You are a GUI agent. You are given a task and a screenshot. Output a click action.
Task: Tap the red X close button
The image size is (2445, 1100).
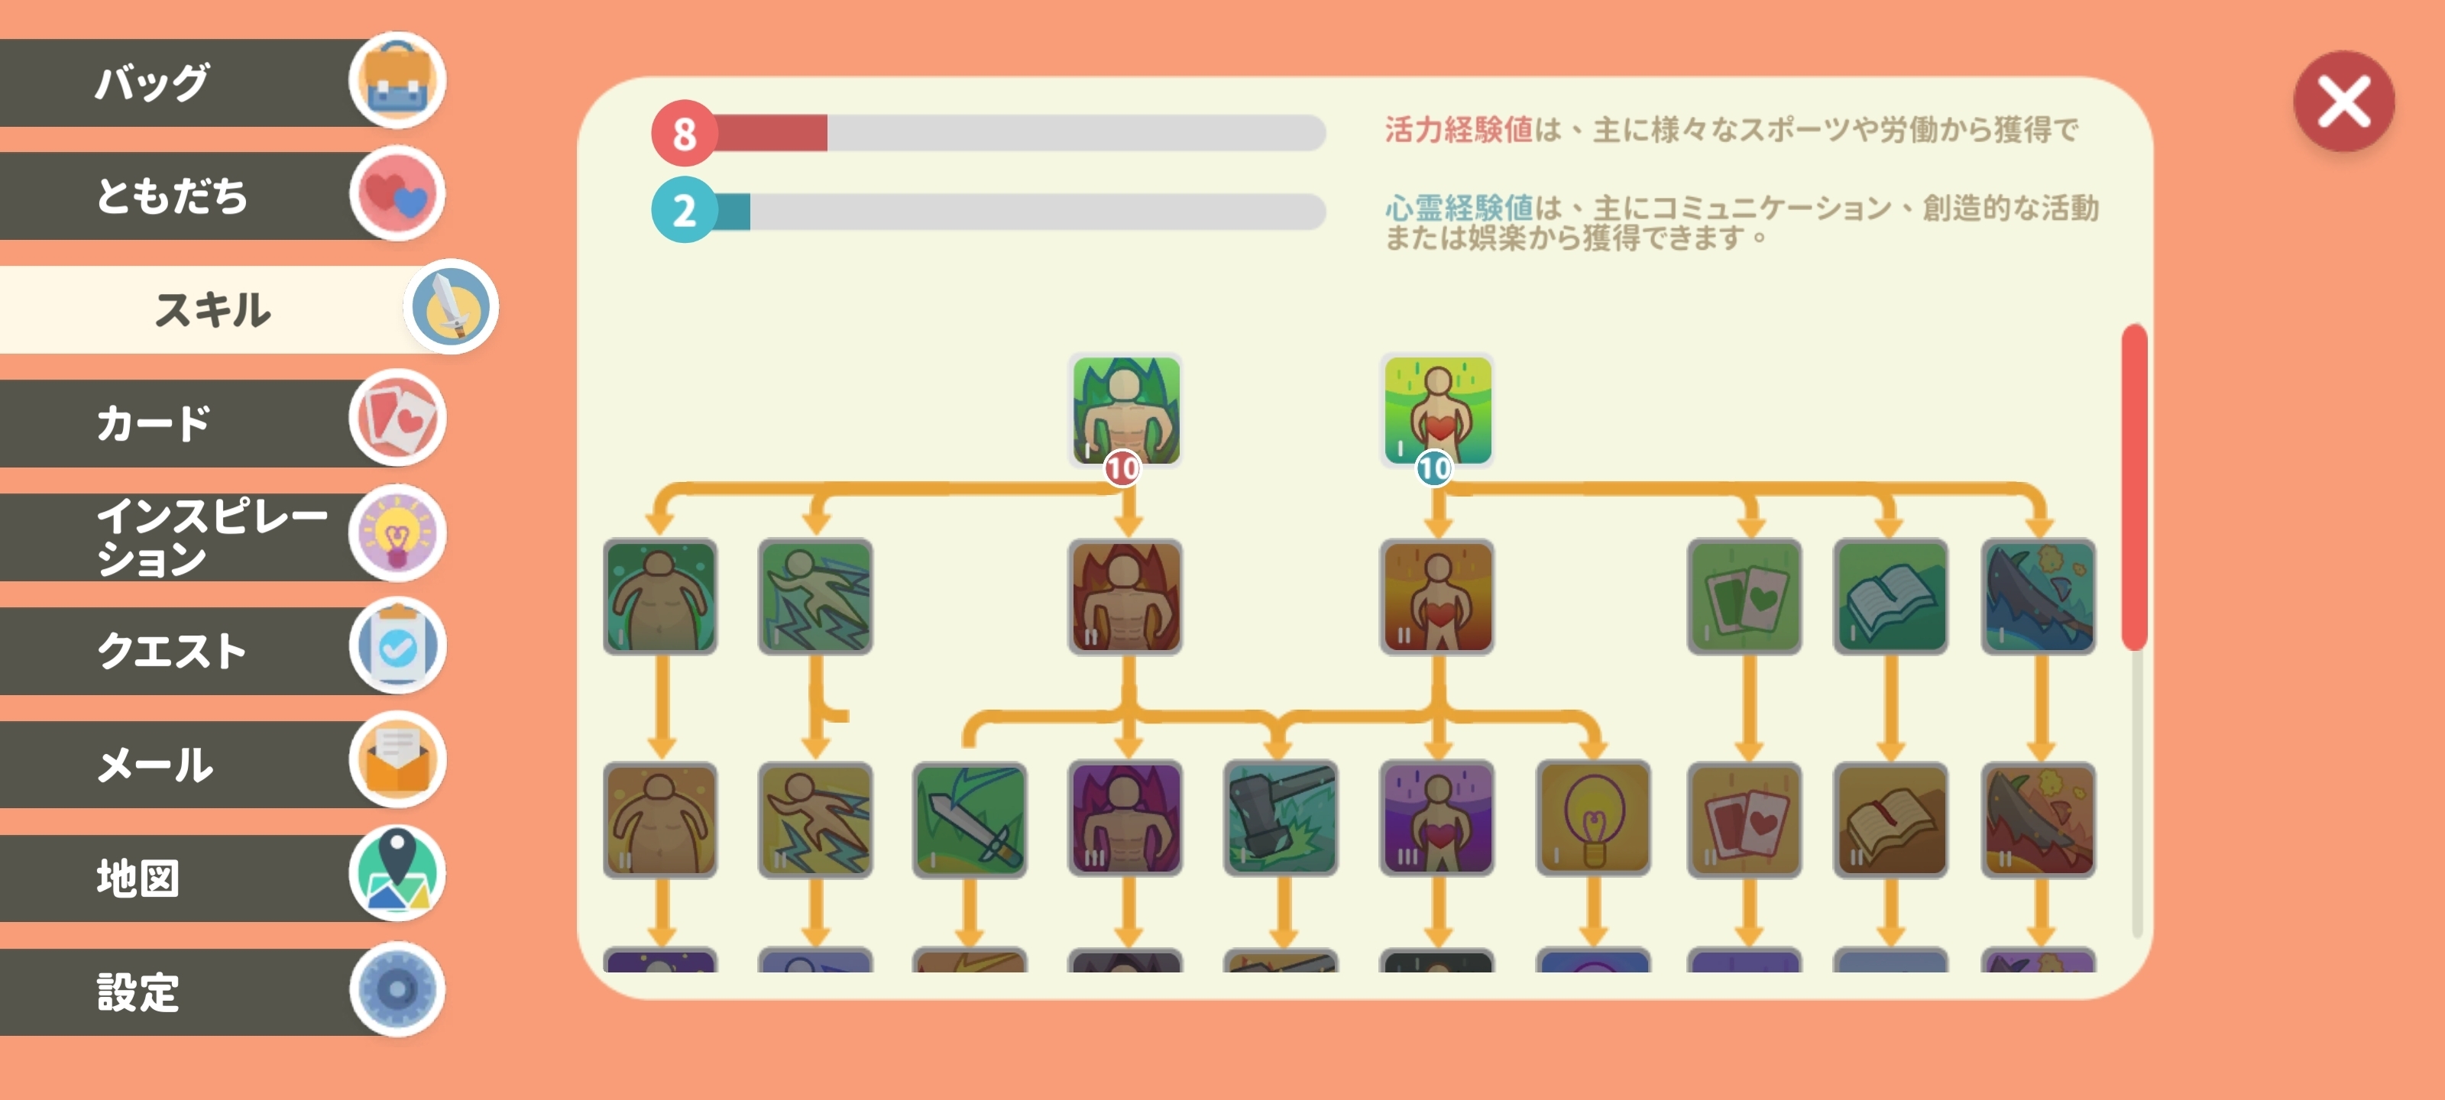point(2343,102)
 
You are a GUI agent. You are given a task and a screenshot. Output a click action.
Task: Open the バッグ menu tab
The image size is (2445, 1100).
point(223,82)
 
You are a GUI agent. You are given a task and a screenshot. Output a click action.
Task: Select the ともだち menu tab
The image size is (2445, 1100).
point(223,196)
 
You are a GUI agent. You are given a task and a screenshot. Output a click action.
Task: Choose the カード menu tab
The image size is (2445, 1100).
point(223,422)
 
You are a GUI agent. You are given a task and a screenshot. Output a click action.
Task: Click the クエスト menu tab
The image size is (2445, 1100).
point(223,650)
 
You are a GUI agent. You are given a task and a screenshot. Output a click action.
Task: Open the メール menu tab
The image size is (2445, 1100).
point(223,763)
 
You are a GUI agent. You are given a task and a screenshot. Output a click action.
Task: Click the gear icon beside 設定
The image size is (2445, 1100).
point(397,989)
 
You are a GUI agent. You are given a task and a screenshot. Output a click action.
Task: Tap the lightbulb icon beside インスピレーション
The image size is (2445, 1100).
point(397,533)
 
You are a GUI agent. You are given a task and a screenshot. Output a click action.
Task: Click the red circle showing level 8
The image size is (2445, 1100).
point(683,133)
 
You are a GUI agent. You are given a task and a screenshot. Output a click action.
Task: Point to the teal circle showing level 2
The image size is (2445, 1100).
point(683,210)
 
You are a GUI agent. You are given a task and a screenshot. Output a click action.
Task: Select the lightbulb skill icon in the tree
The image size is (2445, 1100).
point(1592,818)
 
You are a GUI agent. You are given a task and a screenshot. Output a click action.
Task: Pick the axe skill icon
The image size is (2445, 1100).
point(1281,818)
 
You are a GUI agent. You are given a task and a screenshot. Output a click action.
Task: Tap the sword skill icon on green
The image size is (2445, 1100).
point(969,819)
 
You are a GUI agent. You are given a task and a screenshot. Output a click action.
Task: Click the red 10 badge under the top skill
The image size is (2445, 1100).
point(1122,468)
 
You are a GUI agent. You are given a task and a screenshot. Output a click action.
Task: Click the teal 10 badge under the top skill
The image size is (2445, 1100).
point(1433,468)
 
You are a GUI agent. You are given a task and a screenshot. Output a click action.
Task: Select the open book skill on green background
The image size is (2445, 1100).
point(1890,596)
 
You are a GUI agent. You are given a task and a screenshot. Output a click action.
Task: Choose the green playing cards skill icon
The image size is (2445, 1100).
point(1744,596)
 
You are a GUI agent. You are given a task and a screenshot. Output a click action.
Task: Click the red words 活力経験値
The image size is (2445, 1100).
point(1459,130)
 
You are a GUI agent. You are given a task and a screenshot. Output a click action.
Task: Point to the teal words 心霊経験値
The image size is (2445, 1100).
point(1459,207)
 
